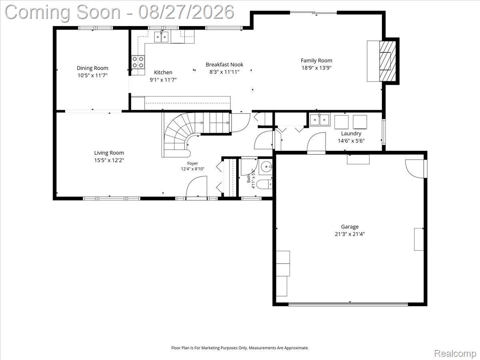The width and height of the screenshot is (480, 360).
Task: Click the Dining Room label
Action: coord(92,68)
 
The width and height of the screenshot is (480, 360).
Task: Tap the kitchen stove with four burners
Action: coord(138,62)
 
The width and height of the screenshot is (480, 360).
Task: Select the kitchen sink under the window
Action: coord(162,37)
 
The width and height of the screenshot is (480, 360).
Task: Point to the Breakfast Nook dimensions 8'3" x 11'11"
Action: coord(224,72)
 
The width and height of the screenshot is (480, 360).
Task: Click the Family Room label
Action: coord(316,60)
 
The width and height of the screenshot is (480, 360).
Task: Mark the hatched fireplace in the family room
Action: coord(388,61)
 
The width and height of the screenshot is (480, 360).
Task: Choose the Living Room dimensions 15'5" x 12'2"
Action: coord(109,160)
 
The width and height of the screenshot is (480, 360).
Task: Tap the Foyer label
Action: coord(192,163)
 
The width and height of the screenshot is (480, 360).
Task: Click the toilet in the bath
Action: coord(264,184)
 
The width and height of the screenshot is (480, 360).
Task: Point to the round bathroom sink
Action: coord(266,167)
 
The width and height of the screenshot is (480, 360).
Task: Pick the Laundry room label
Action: coord(351,133)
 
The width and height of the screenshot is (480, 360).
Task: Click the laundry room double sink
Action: coord(320,120)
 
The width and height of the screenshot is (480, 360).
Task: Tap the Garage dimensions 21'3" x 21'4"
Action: coord(350,234)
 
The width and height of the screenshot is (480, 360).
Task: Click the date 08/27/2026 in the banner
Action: coord(186,12)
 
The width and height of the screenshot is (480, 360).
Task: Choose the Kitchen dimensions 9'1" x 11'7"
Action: coord(163,80)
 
